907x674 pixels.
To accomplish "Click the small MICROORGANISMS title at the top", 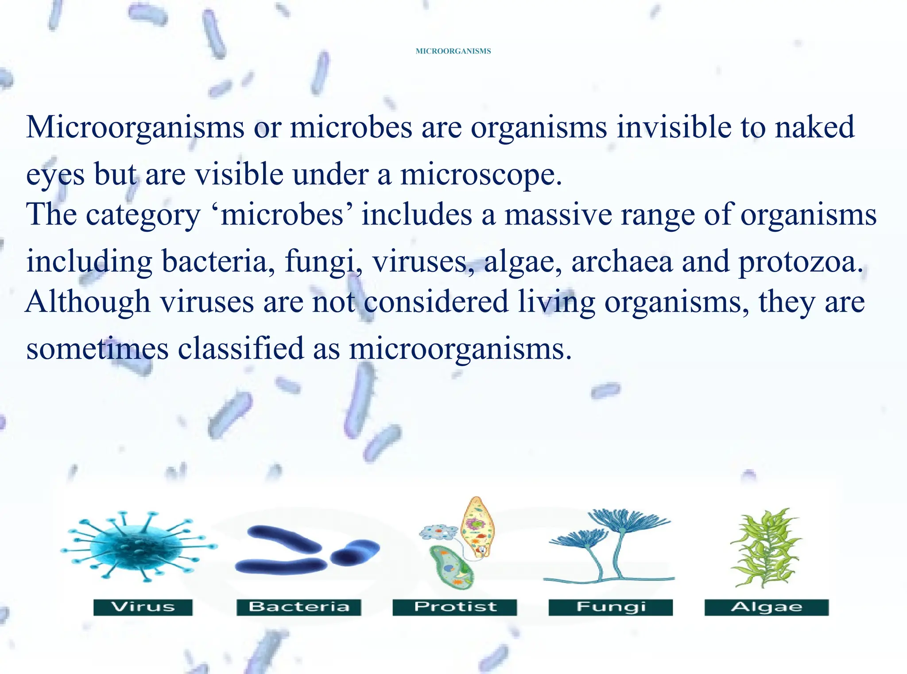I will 453,51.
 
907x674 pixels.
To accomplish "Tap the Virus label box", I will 143,607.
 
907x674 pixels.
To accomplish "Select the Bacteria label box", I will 299,607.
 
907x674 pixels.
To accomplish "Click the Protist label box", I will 455,607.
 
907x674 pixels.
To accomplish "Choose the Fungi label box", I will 611,607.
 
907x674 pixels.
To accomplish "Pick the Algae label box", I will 767,607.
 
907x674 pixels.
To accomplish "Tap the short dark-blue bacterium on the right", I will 355,552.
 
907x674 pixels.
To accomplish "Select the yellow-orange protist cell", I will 477,525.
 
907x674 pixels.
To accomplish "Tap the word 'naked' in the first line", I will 814,127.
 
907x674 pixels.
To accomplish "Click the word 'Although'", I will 88,302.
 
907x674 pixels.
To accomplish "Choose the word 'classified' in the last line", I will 241,348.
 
